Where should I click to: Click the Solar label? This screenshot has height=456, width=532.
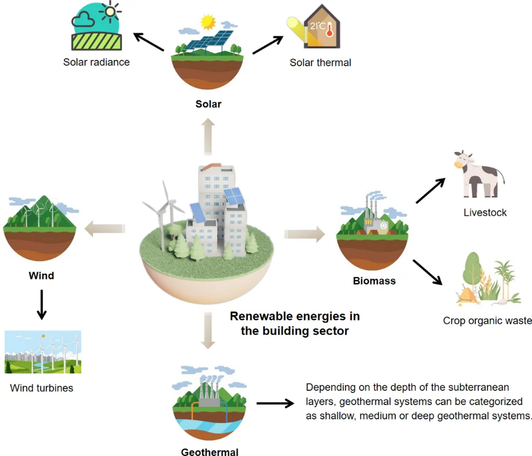pos(208,104)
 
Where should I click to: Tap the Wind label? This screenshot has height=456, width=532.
pos(42,275)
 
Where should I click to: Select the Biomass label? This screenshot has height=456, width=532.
pos(374,281)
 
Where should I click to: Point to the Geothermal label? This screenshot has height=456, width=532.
pos(210,451)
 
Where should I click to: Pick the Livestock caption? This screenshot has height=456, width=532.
pos(485,212)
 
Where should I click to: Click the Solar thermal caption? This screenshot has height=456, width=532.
pos(320,62)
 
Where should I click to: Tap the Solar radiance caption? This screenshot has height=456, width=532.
pos(97,62)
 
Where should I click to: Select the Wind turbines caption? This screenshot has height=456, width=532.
pos(42,388)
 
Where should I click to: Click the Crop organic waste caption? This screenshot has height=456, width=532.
pos(487,320)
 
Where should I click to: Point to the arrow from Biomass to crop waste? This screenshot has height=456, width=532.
pos(427,272)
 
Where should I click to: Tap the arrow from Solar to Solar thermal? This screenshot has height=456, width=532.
pos(268,45)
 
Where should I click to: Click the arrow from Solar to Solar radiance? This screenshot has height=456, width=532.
pos(149,43)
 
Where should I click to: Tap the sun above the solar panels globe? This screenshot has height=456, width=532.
pos(208,22)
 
